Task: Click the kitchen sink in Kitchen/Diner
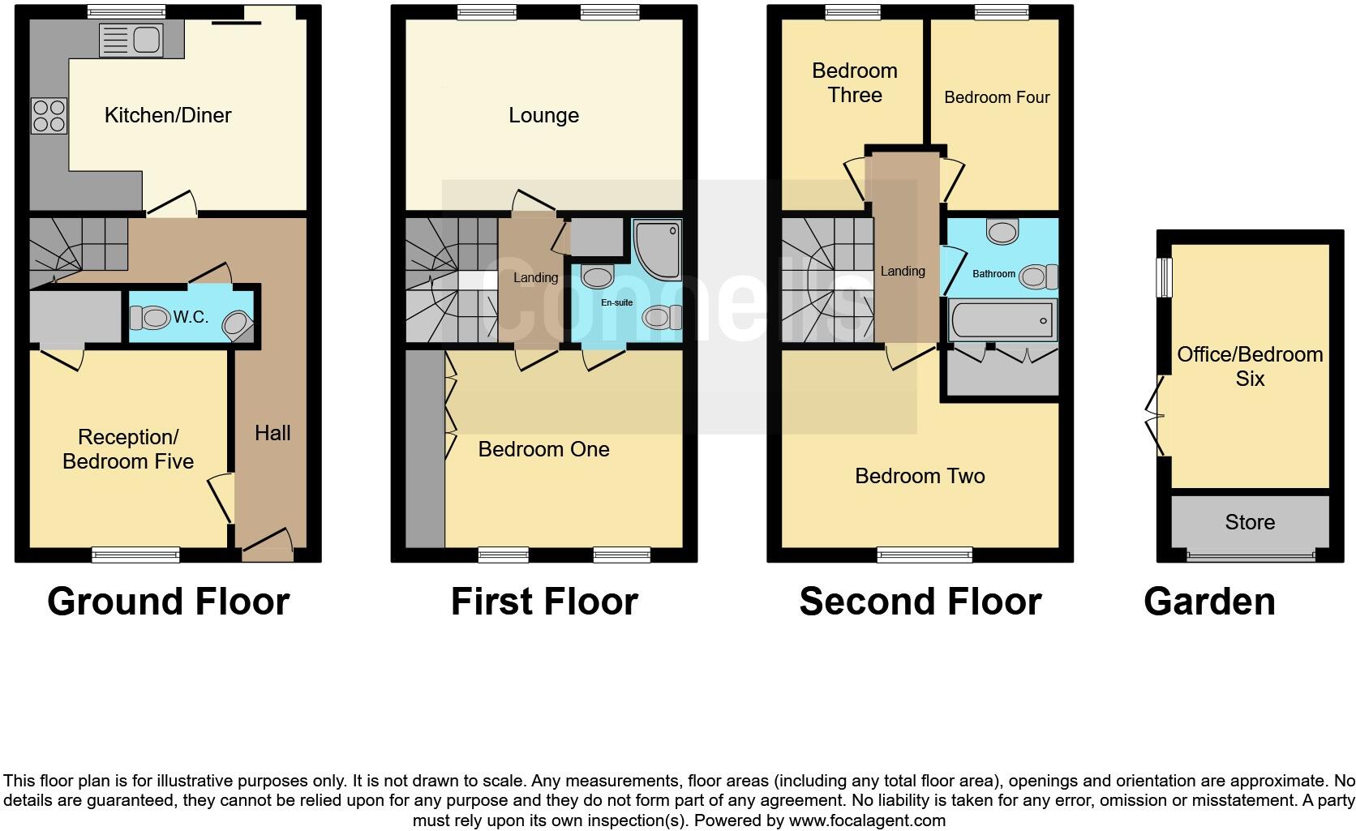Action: (131, 40)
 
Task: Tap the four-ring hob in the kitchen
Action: (49, 115)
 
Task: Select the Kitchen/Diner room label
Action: (168, 115)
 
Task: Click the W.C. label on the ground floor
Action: (191, 317)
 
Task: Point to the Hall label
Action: (272, 433)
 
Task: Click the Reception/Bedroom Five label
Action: (128, 449)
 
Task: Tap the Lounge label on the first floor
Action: (543, 115)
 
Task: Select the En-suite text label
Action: (616, 302)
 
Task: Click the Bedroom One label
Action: (543, 449)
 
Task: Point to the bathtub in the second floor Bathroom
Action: (1002, 320)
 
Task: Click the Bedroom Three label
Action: (855, 83)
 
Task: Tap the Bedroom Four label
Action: (997, 97)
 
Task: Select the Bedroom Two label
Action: (920, 476)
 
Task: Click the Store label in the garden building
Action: (1250, 522)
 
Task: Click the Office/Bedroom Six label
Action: (1250, 366)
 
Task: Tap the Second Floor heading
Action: (920, 602)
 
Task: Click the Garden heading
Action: (1209, 602)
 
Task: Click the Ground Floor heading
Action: (168, 602)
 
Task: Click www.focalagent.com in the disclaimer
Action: (867, 820)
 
